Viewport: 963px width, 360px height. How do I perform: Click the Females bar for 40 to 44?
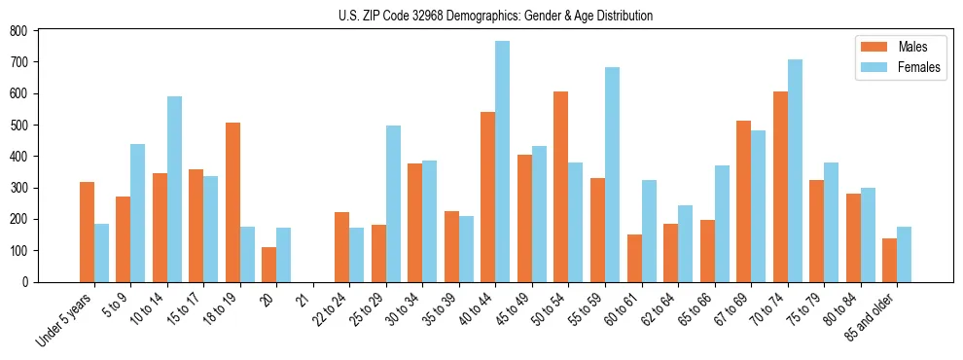click(503, 162)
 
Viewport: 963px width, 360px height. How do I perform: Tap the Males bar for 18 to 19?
click(232, 202)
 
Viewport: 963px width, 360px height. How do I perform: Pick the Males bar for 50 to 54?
click(561, 187)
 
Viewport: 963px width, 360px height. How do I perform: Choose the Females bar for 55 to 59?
click(612, 175)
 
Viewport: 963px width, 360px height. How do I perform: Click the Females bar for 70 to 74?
click(795, 171)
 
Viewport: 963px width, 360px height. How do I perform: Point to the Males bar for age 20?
click(269, 265)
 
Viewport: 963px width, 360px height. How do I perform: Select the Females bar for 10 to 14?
click(174, 189)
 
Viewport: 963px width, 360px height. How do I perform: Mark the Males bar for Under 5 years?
click(87, 232)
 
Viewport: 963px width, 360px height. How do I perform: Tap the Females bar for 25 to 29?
click(393, 204)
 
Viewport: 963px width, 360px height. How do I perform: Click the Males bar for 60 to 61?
click(634, 258)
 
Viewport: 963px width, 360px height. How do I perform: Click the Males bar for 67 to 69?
click(744, 201)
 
